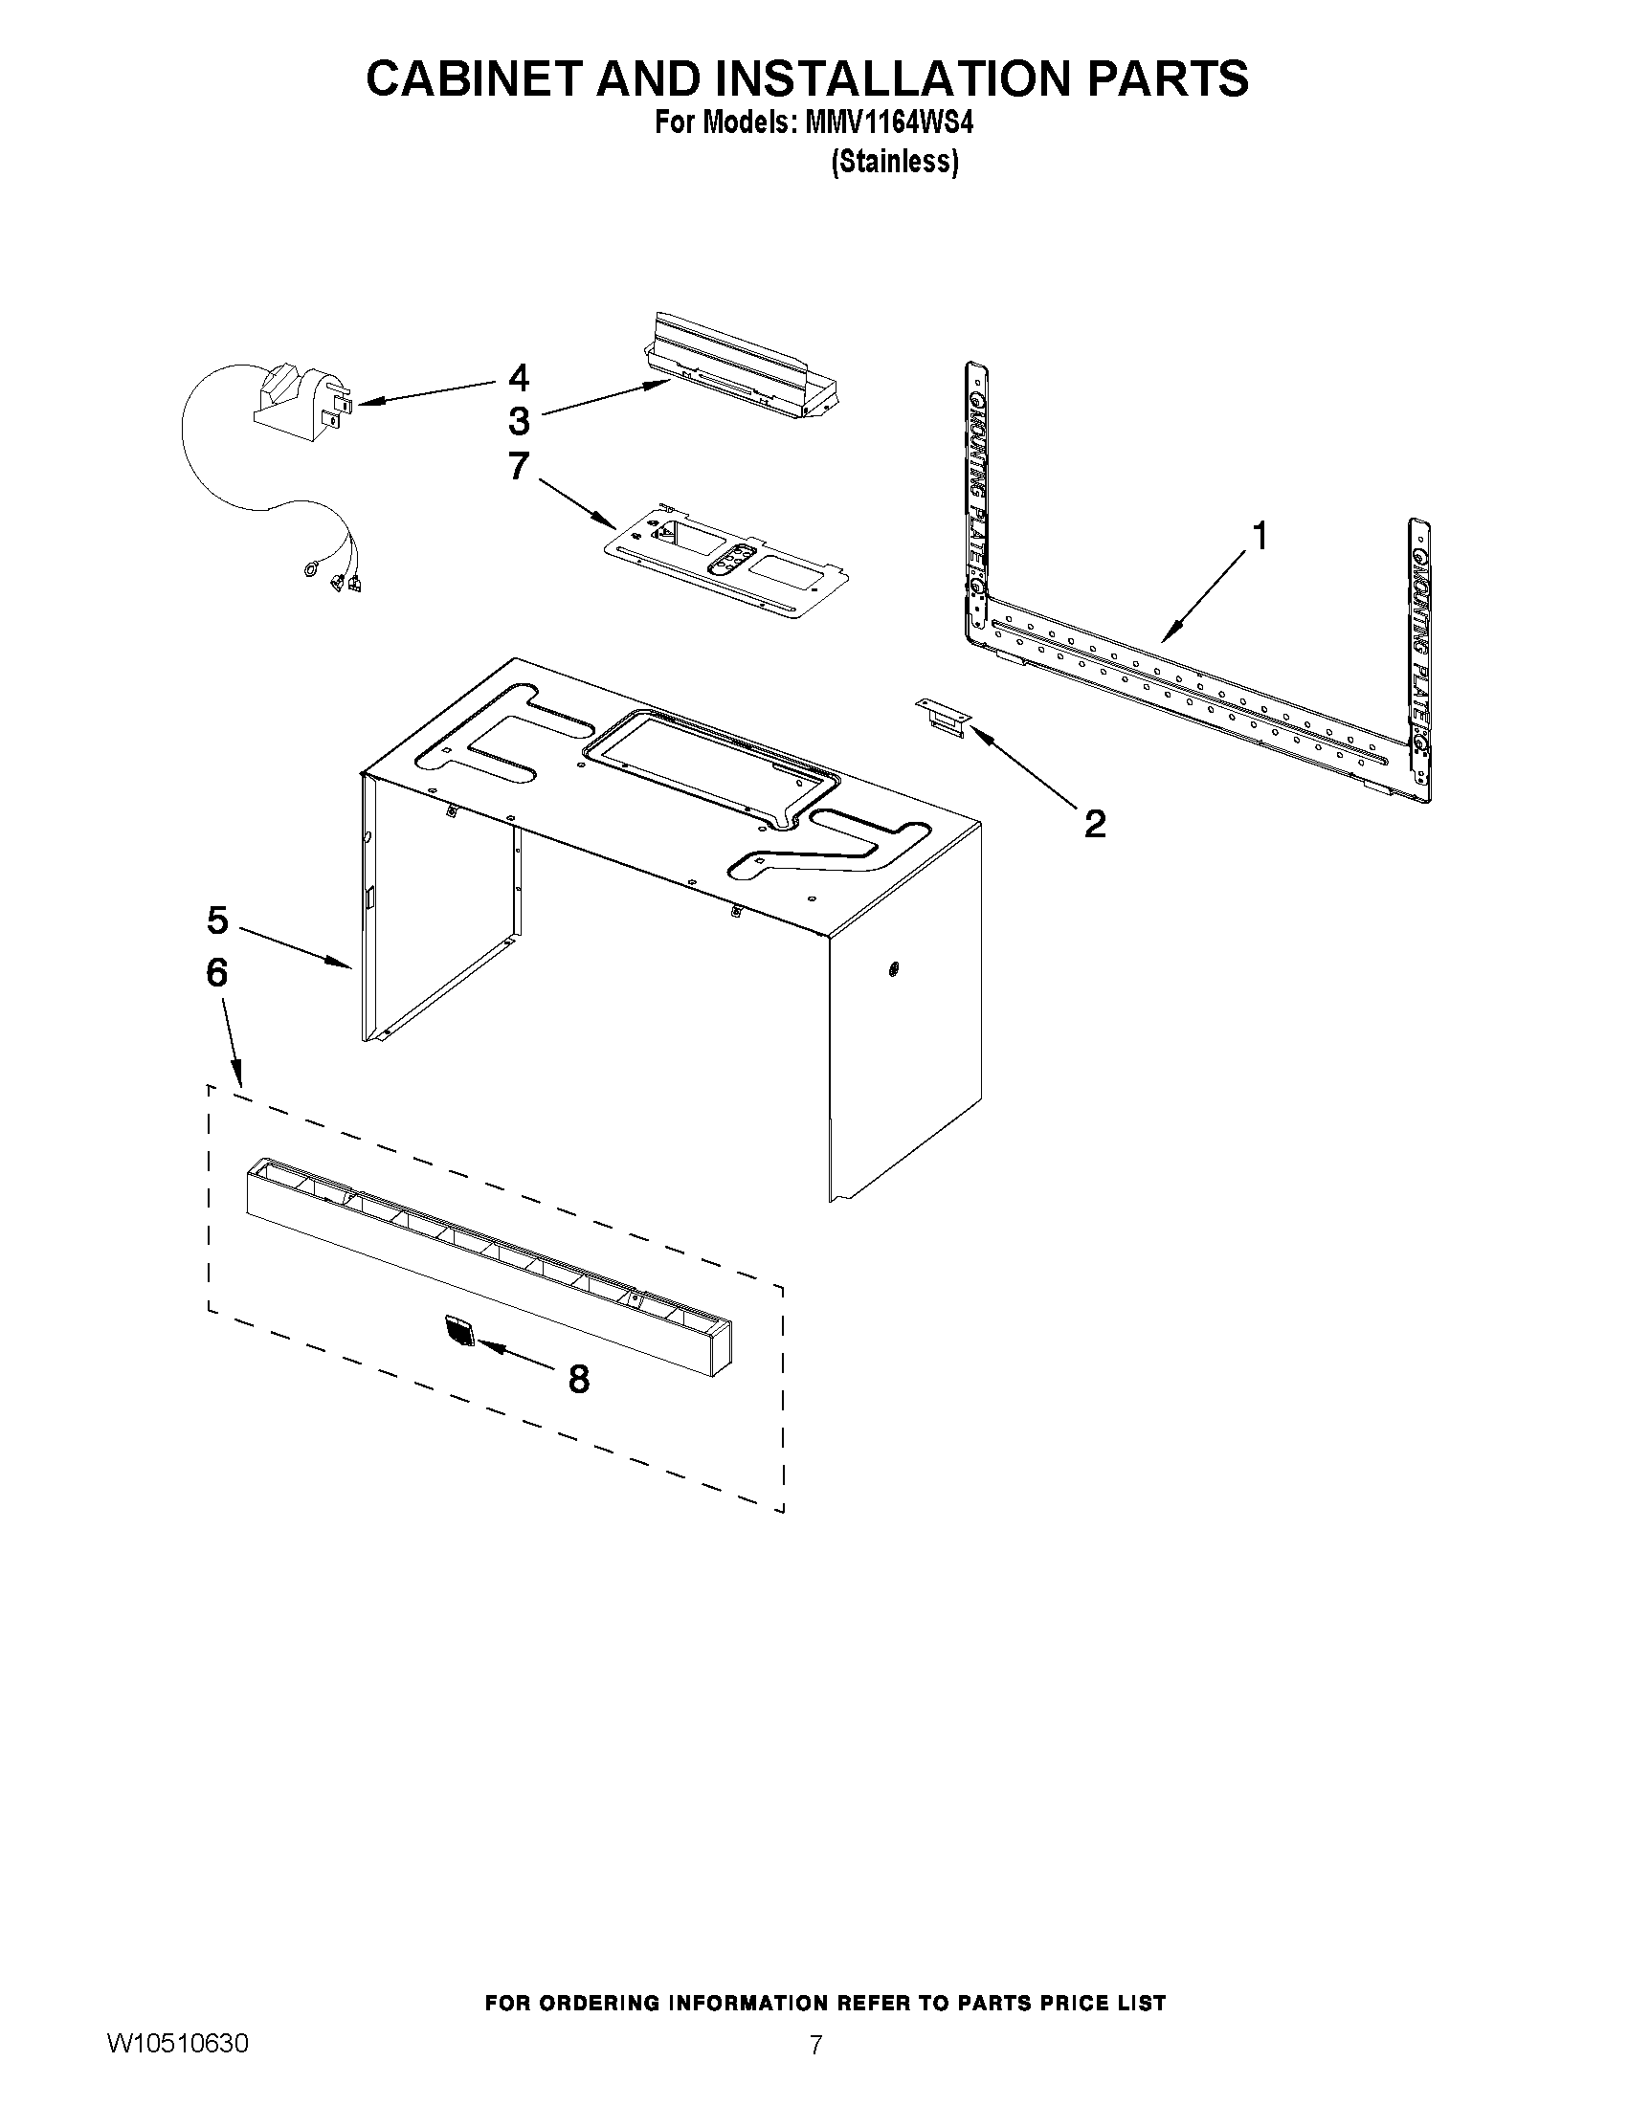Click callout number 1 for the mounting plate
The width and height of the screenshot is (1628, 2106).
point(1260,536)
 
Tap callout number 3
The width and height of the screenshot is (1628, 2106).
point(519,420)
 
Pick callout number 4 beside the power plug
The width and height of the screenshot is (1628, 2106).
point(519,377)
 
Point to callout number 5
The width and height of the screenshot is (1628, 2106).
point(217,920)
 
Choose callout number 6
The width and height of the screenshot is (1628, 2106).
point(217,973)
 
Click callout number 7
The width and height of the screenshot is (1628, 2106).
point(519,466)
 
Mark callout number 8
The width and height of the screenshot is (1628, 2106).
point(579,1379)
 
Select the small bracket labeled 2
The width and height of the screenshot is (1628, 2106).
point(941,719)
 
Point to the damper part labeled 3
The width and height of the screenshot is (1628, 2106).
point(743,366)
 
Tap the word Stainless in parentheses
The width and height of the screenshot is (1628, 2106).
point(895,162)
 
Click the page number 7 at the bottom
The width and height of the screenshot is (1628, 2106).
point(816,2072)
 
